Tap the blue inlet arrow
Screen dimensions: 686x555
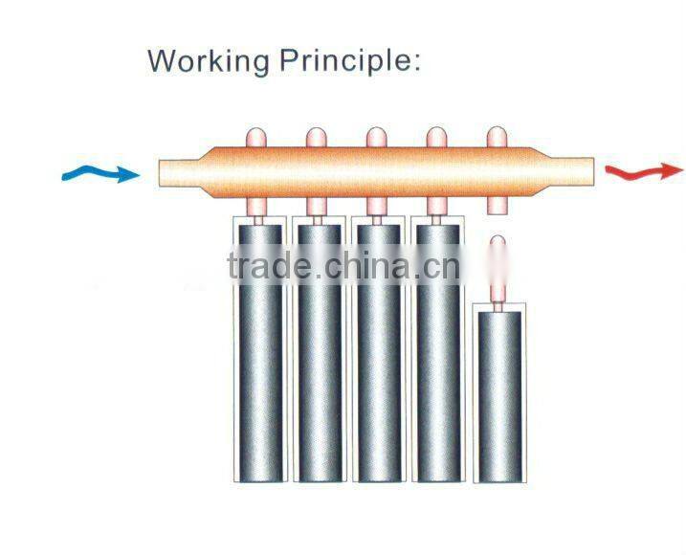[99, 174]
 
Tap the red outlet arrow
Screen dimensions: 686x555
[643, 171]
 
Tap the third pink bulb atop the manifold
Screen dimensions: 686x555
[376, 138]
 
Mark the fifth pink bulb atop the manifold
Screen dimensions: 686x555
[495, 138]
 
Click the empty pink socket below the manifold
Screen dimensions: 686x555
[496, 204]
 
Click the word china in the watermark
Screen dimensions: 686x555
[365, 267]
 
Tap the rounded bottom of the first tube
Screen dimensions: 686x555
[259, 472]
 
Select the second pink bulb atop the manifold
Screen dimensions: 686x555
[317, 138]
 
